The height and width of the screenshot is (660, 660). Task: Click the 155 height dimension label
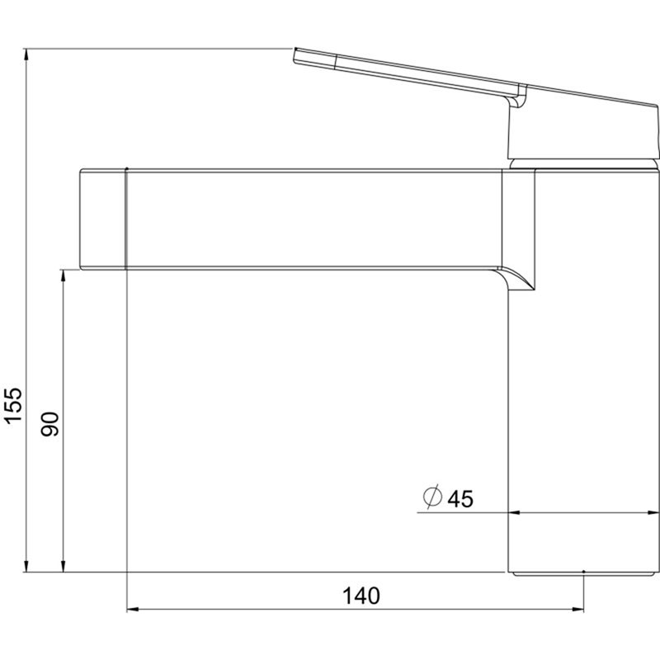(x=12, y=405)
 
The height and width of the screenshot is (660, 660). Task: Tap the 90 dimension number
(x=49, y=424)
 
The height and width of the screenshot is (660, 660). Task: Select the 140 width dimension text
(x=361, y=596)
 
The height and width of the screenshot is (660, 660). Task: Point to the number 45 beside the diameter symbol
(x=460, y=499)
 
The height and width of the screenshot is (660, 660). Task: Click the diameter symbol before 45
(x=432, y=497)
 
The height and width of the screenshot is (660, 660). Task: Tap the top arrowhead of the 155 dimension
(x=26, y=54)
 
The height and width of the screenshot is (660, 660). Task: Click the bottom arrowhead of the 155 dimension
(x=26, y=566)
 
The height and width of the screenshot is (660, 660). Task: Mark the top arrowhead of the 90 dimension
(x=64, y=276)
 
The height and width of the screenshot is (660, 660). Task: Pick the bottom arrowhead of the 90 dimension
(x=64, y=566)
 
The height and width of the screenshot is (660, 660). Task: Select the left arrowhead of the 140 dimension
(x=133, y=609)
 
